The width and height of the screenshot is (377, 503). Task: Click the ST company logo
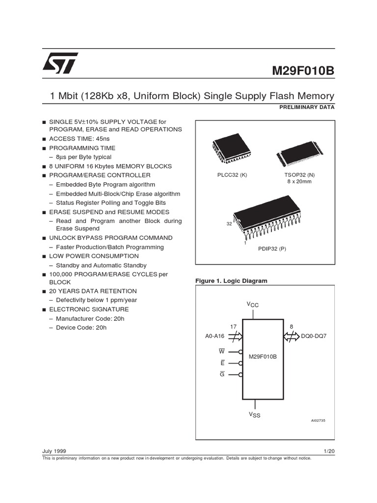point(58,64)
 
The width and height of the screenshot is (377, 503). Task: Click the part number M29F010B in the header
point(303,71)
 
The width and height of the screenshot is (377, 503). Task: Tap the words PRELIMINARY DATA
point(308,107)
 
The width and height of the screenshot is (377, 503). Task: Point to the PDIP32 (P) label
point(272,249)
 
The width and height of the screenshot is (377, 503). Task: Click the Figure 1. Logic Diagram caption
point(231,281)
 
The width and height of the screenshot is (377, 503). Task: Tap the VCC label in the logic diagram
point(252,305)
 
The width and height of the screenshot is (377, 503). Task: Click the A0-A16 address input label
point(215,336)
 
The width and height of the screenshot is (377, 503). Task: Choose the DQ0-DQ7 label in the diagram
point(315,336)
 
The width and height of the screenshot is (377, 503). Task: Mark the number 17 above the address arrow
point(233,327)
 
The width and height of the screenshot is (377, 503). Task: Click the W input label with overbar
point(221,351)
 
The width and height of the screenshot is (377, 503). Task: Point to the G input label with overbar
point(222,374)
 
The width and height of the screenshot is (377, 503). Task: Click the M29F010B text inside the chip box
point(263,356)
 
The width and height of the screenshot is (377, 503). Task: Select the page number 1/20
point(328,450)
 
